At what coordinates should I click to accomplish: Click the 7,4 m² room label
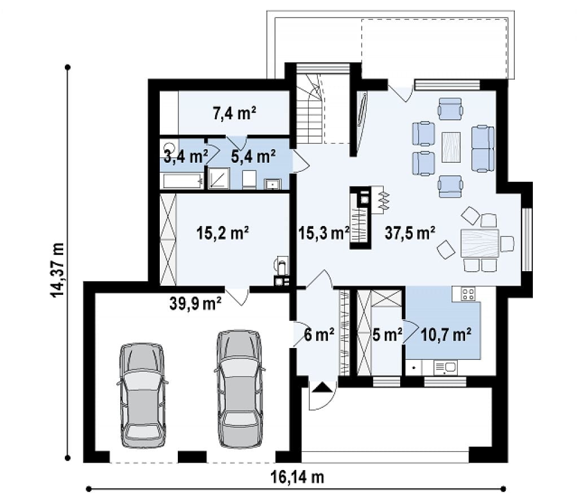(234, 113)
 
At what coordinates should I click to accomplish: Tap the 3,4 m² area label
(185, 156)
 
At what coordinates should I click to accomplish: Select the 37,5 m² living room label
(410, 233)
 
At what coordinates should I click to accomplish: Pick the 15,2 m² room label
(222, 233)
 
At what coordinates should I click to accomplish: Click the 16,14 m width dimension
(297, 477)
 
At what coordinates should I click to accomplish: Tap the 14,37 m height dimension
(58, 269)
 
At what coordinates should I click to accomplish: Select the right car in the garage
(240, 389)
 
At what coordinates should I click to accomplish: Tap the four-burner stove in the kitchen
(468, 293)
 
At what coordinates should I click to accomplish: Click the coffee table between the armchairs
(451, 147)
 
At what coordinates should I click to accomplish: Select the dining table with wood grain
(480, 243)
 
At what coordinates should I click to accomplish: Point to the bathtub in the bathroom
(182, 181)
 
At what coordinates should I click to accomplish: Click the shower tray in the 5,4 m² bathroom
(219, 179)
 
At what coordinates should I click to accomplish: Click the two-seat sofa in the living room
(483, 149)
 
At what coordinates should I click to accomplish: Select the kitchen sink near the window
(446, 368)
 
